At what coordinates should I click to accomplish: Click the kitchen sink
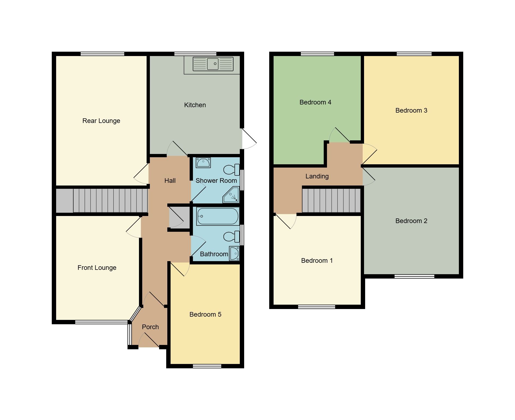[x=213, y=64]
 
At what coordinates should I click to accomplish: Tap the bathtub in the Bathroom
[x=217, y=216]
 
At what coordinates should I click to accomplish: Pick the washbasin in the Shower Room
[x=203, y=163]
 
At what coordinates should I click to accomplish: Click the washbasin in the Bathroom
[x=234, y=253]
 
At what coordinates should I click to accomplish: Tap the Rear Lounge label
[x=101, y=121]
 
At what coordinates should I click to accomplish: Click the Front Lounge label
[x=97, y=268]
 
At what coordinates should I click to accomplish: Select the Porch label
[x=150, y=327]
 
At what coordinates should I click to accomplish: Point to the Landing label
[x=317, y=176]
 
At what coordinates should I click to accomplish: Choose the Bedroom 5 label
[x=205, y=314]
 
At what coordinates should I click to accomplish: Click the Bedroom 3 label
[x=411, y=110]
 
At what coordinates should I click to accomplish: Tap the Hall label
[x=170, y=181]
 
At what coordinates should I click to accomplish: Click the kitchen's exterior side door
[x=249, y=139]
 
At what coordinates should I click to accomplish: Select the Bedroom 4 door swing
[x=339, y=135]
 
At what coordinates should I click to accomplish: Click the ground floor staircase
[x=110, y=200]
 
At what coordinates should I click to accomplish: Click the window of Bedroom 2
[x=414, y=276]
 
